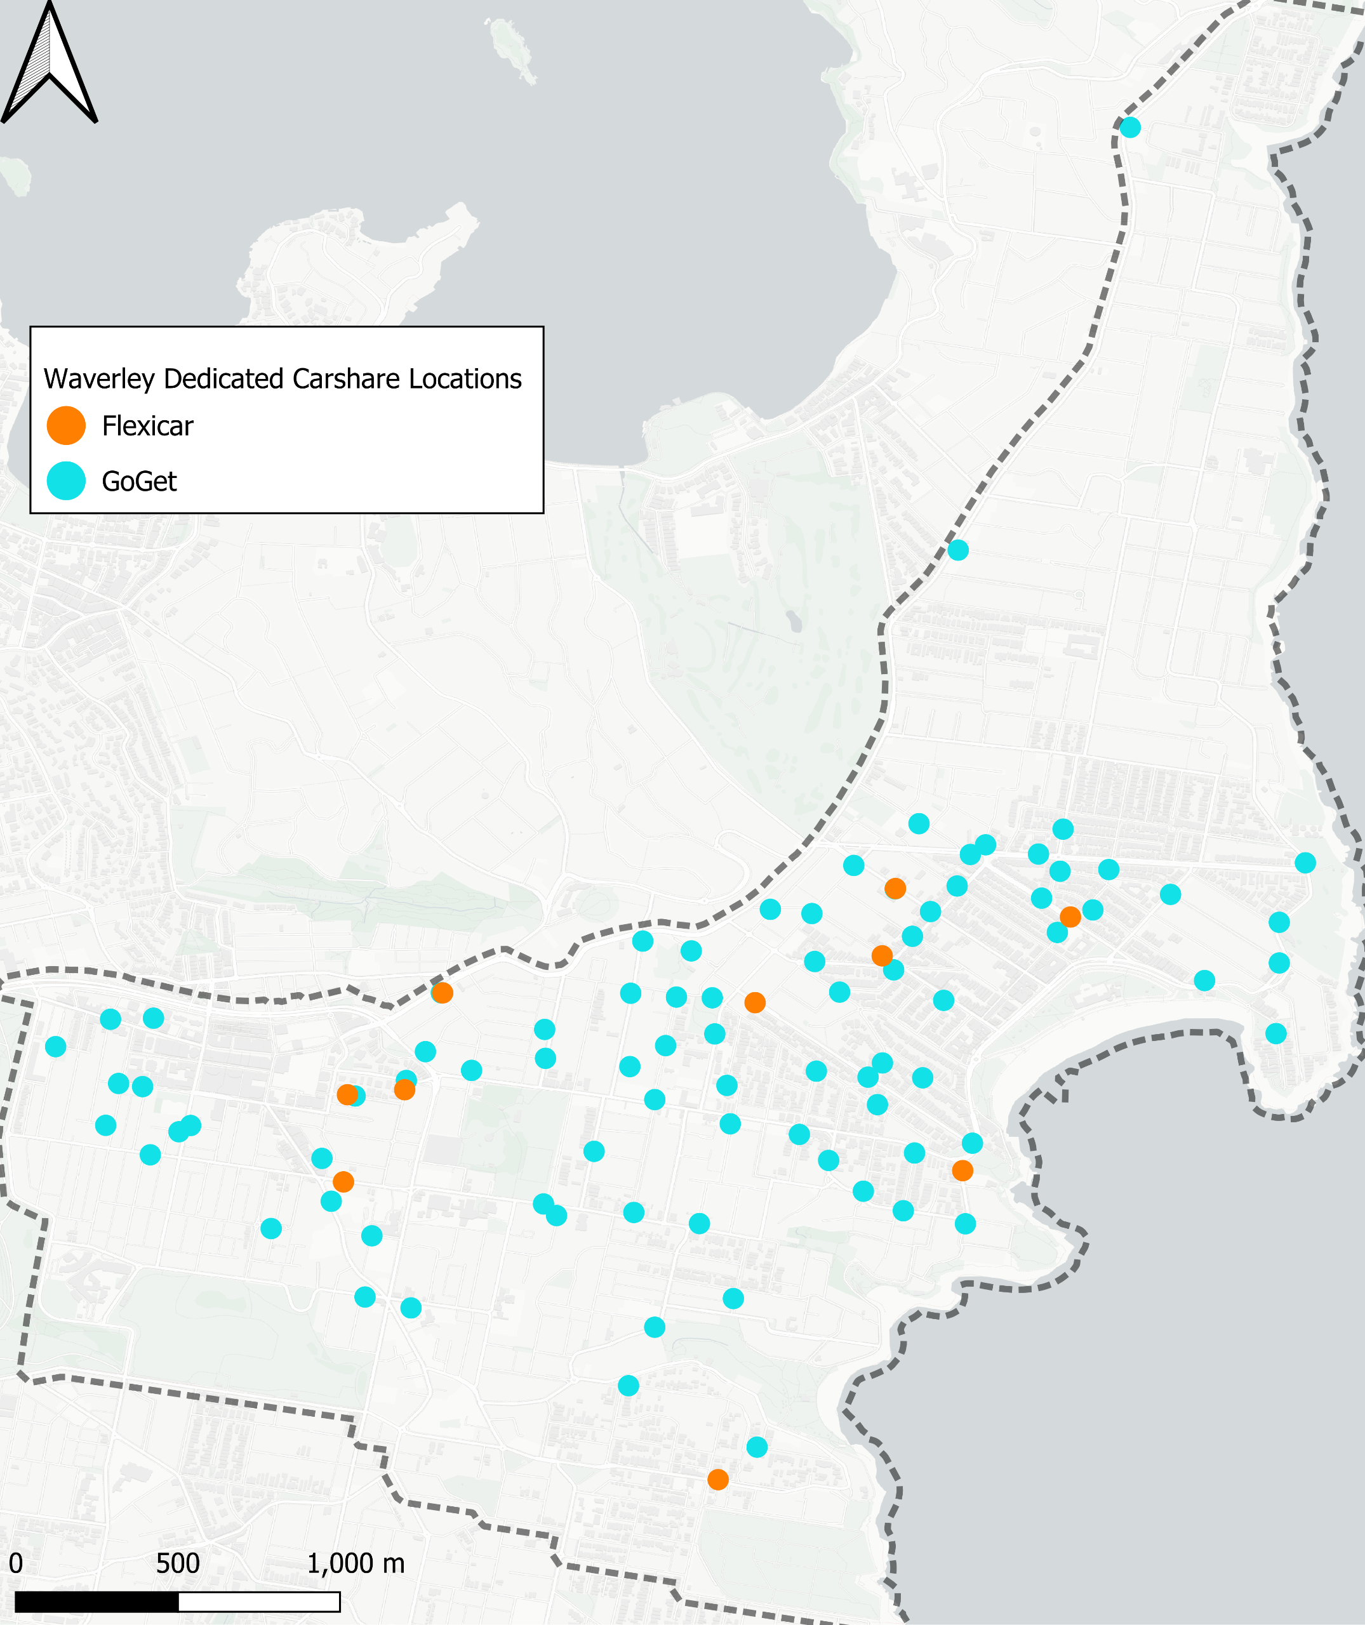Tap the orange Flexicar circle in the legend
66,425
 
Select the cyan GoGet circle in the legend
66,481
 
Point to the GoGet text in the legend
139,481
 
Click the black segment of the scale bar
97,1602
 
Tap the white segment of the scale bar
259,1602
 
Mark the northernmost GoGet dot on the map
1129,127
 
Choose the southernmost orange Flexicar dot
718,1480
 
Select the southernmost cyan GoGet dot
757,1447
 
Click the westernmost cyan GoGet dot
56,1047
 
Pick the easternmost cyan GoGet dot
1305,863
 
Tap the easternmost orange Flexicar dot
1070,917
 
